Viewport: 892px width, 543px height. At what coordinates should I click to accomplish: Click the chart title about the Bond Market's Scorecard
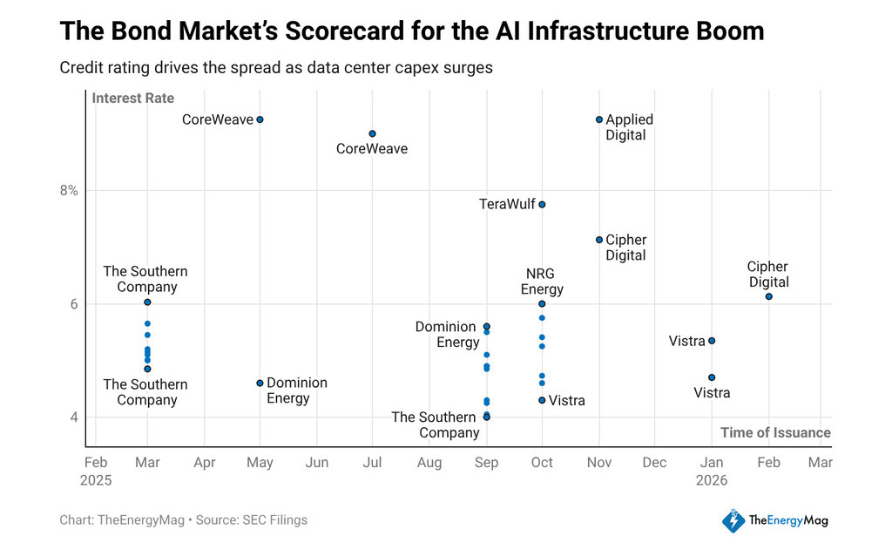coord(411,32)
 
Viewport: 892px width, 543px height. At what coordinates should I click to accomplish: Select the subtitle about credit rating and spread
coord(276,68)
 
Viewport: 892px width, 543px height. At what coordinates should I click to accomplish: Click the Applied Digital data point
coord(599,119)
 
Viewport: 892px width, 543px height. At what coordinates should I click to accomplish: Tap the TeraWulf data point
coord(542,204)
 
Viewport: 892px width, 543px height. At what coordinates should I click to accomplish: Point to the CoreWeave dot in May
coord(260,119)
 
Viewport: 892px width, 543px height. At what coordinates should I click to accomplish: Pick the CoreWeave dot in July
coord(372,133)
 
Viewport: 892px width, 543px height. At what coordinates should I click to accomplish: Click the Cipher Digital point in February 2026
coord(768,296)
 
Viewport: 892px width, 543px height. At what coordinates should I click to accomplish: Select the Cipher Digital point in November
coord(599,240)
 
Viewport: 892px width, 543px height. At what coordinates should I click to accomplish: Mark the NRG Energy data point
coord(542,303)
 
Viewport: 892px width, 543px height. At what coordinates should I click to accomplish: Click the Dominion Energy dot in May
coord(260,383)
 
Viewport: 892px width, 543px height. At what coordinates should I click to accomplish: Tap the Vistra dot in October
coord(542,400)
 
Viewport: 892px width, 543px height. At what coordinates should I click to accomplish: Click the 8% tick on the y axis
coord(69,190)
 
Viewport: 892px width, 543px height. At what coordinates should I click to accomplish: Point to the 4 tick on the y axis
coord(74,417)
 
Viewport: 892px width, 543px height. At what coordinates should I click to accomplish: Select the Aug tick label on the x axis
coord(429,463)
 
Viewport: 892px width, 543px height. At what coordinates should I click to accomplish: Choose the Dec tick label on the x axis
coord(654,463)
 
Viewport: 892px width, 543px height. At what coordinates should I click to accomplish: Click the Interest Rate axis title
coord(133,98)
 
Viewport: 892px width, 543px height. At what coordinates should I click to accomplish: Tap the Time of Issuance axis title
coord(775,432)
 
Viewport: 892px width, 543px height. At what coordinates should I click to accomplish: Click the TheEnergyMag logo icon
coord(733,520)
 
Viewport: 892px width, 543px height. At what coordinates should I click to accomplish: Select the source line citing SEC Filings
coord(183,520)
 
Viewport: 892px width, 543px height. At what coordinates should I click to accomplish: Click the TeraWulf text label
coord(506,204)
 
